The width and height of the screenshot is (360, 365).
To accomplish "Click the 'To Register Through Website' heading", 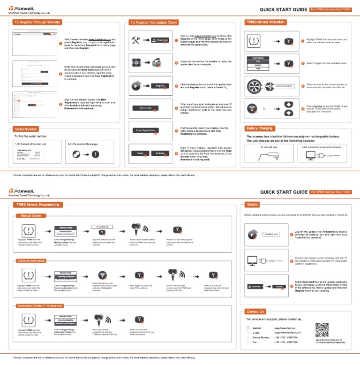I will pyautogui.click(x=37, y=22).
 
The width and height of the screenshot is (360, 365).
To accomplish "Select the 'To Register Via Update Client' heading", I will pyautogui.click(x=153, y=22).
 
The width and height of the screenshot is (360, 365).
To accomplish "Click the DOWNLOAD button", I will pyautogui.click(x=160, y=40).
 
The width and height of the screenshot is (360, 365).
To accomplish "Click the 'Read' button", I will pyautogui.click(x=140, y=153).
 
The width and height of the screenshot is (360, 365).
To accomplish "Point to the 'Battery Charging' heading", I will pyautogui.click(x=259, y=128).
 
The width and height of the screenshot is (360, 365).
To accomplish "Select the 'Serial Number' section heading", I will pyautogui.click(x=26, y=129).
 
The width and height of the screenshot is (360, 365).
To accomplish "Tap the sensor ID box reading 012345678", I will pyautogui.click(x=102, y=227).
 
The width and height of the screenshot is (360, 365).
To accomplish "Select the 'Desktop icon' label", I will pyautogui.click(x=270, y=234).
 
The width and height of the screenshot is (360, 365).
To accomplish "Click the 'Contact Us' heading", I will pyautogui.click(x=255, y=312).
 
